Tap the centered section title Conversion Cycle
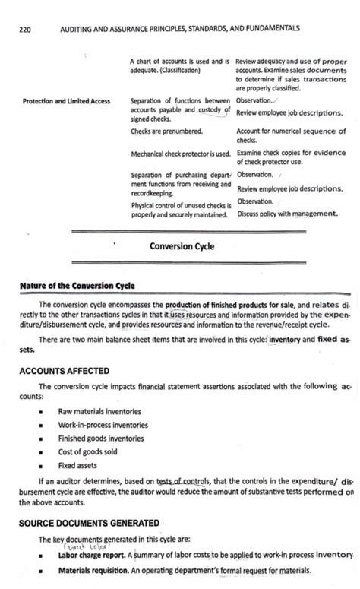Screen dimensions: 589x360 pyautogui.click(x=182, y=246)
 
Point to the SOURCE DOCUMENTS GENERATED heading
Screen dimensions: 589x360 pyautogui.click(x=89, y=523)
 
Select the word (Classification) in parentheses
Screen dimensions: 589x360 pyautogui.click(x=175, y=70)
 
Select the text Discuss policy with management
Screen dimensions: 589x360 pyautogui.click(x=286, y=214)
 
